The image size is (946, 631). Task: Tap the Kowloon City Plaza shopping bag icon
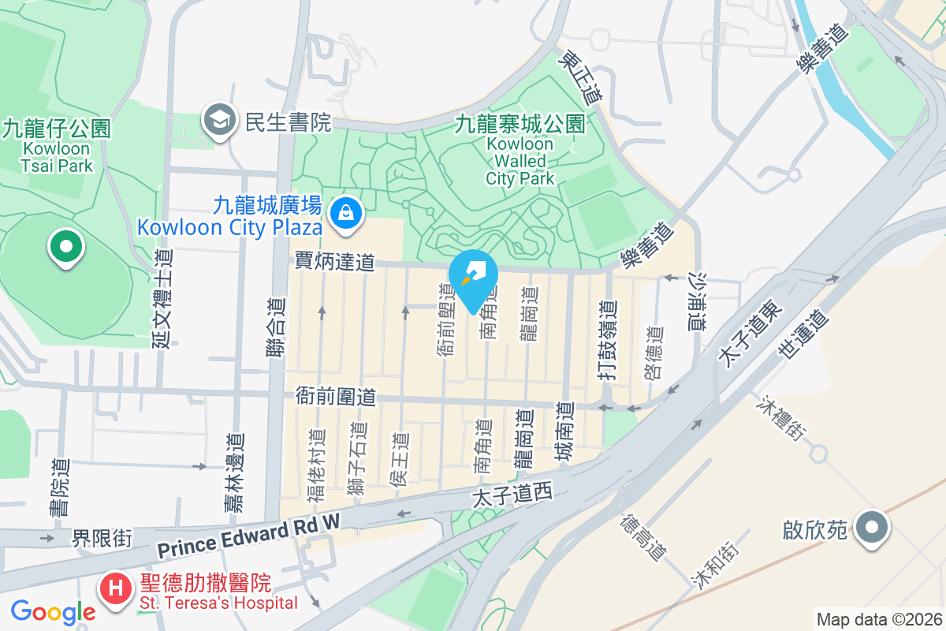tap(345, 211)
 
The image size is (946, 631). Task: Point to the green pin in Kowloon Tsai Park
tap(66, 245)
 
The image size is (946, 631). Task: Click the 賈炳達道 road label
tap(334, 262)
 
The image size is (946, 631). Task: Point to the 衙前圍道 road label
tap(335, 394)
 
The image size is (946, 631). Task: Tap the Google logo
tap(53, 611)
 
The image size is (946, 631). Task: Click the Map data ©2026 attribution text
tap(878, 620)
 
